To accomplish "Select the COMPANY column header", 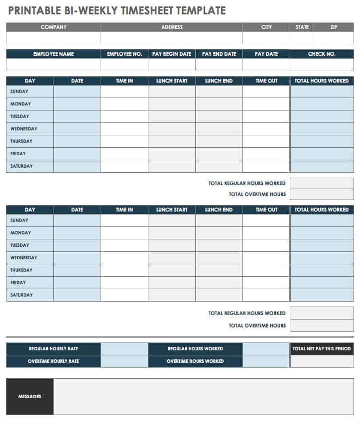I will click(x=53, y=27).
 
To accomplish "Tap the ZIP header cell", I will click(x=334, y=27).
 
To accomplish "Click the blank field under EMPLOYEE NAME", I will click(x=53, y=65).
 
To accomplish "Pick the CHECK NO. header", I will click(x=322, y=54).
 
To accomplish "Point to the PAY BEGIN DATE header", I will click(x=172, y=54).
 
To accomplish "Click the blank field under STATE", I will click(x=302, y=38).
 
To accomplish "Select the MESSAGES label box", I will click(x=30, y=397).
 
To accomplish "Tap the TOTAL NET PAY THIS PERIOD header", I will click(x=322, y=349).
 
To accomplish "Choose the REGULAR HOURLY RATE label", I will click(x=53, y=349).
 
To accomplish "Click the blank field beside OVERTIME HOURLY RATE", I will click(x=124, y=361).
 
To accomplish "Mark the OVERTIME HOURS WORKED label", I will click(x=195, y=361).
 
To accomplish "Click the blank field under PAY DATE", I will click(x=266, y=65).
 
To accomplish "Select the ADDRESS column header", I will click(x=172, y=27).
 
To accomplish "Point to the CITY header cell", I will click(x=266, y=27).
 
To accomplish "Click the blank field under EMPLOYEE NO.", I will click(x=124, y=65).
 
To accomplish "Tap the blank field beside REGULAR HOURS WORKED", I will click(x=266, y=349).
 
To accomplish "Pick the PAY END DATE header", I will click(x=219, y=54).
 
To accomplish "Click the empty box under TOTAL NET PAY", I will click(x=322, y=361).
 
